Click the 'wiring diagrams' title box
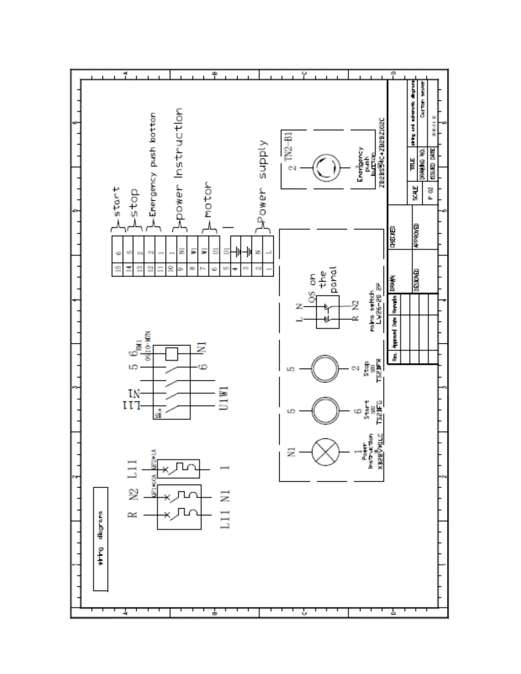[100, 539]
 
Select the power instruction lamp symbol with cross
[326, 452]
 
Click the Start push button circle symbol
[326, 411]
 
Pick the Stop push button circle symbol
[326, 368]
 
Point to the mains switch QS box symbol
[327, 311]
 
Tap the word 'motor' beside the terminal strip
[207, 200]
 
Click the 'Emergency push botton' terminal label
[152, 164]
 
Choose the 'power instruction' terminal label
[179, 164]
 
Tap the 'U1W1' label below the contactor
[224, 398]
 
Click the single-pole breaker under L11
[178, 468]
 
